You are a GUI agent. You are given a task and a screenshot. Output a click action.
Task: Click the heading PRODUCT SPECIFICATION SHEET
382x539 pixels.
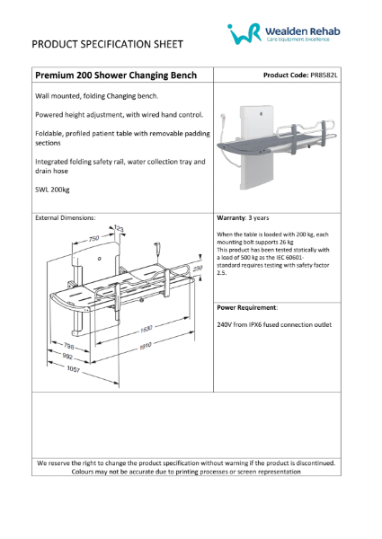pos(107,43)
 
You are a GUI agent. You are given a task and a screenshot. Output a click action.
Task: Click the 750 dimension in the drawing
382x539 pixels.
pos(93,239)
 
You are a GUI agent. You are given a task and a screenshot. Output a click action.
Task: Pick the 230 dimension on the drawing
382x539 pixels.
pos(198,269)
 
